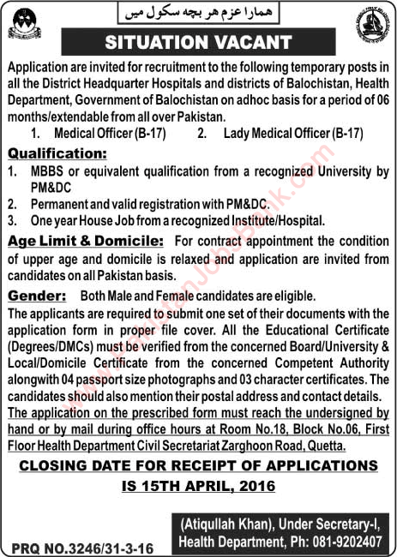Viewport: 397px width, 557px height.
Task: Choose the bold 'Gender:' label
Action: pyautogui.click(x=37, y=294)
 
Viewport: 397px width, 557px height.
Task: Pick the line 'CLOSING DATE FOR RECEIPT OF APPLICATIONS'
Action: pyautogui.click(x=198, y=465)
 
